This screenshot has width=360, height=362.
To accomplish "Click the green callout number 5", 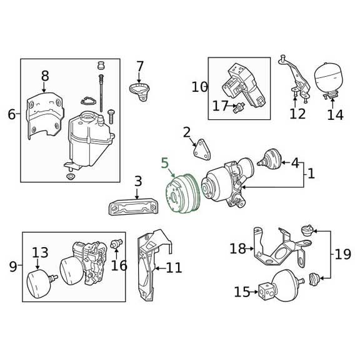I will pos(165,164).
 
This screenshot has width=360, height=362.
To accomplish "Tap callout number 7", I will pos(140,66).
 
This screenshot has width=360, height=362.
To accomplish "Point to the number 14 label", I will pos(335,115).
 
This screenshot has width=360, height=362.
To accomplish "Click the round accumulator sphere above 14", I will pos(331,75).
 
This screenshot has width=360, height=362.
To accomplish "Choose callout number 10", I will pos(199,87).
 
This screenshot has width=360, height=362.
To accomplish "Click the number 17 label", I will pos(220,106).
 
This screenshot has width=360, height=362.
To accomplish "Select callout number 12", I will pos(297,114).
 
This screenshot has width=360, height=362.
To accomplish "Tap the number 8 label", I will pos(45,76).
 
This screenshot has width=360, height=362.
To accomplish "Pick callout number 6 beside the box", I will pos(12,114).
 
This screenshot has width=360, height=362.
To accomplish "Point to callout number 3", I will pos(138,182).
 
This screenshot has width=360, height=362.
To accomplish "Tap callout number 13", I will pos(40,253).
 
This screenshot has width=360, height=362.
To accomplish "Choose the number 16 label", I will pos(119,266).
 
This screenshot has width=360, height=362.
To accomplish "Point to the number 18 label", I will pos(237,249).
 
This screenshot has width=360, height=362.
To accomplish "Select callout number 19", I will pos(342,255).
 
